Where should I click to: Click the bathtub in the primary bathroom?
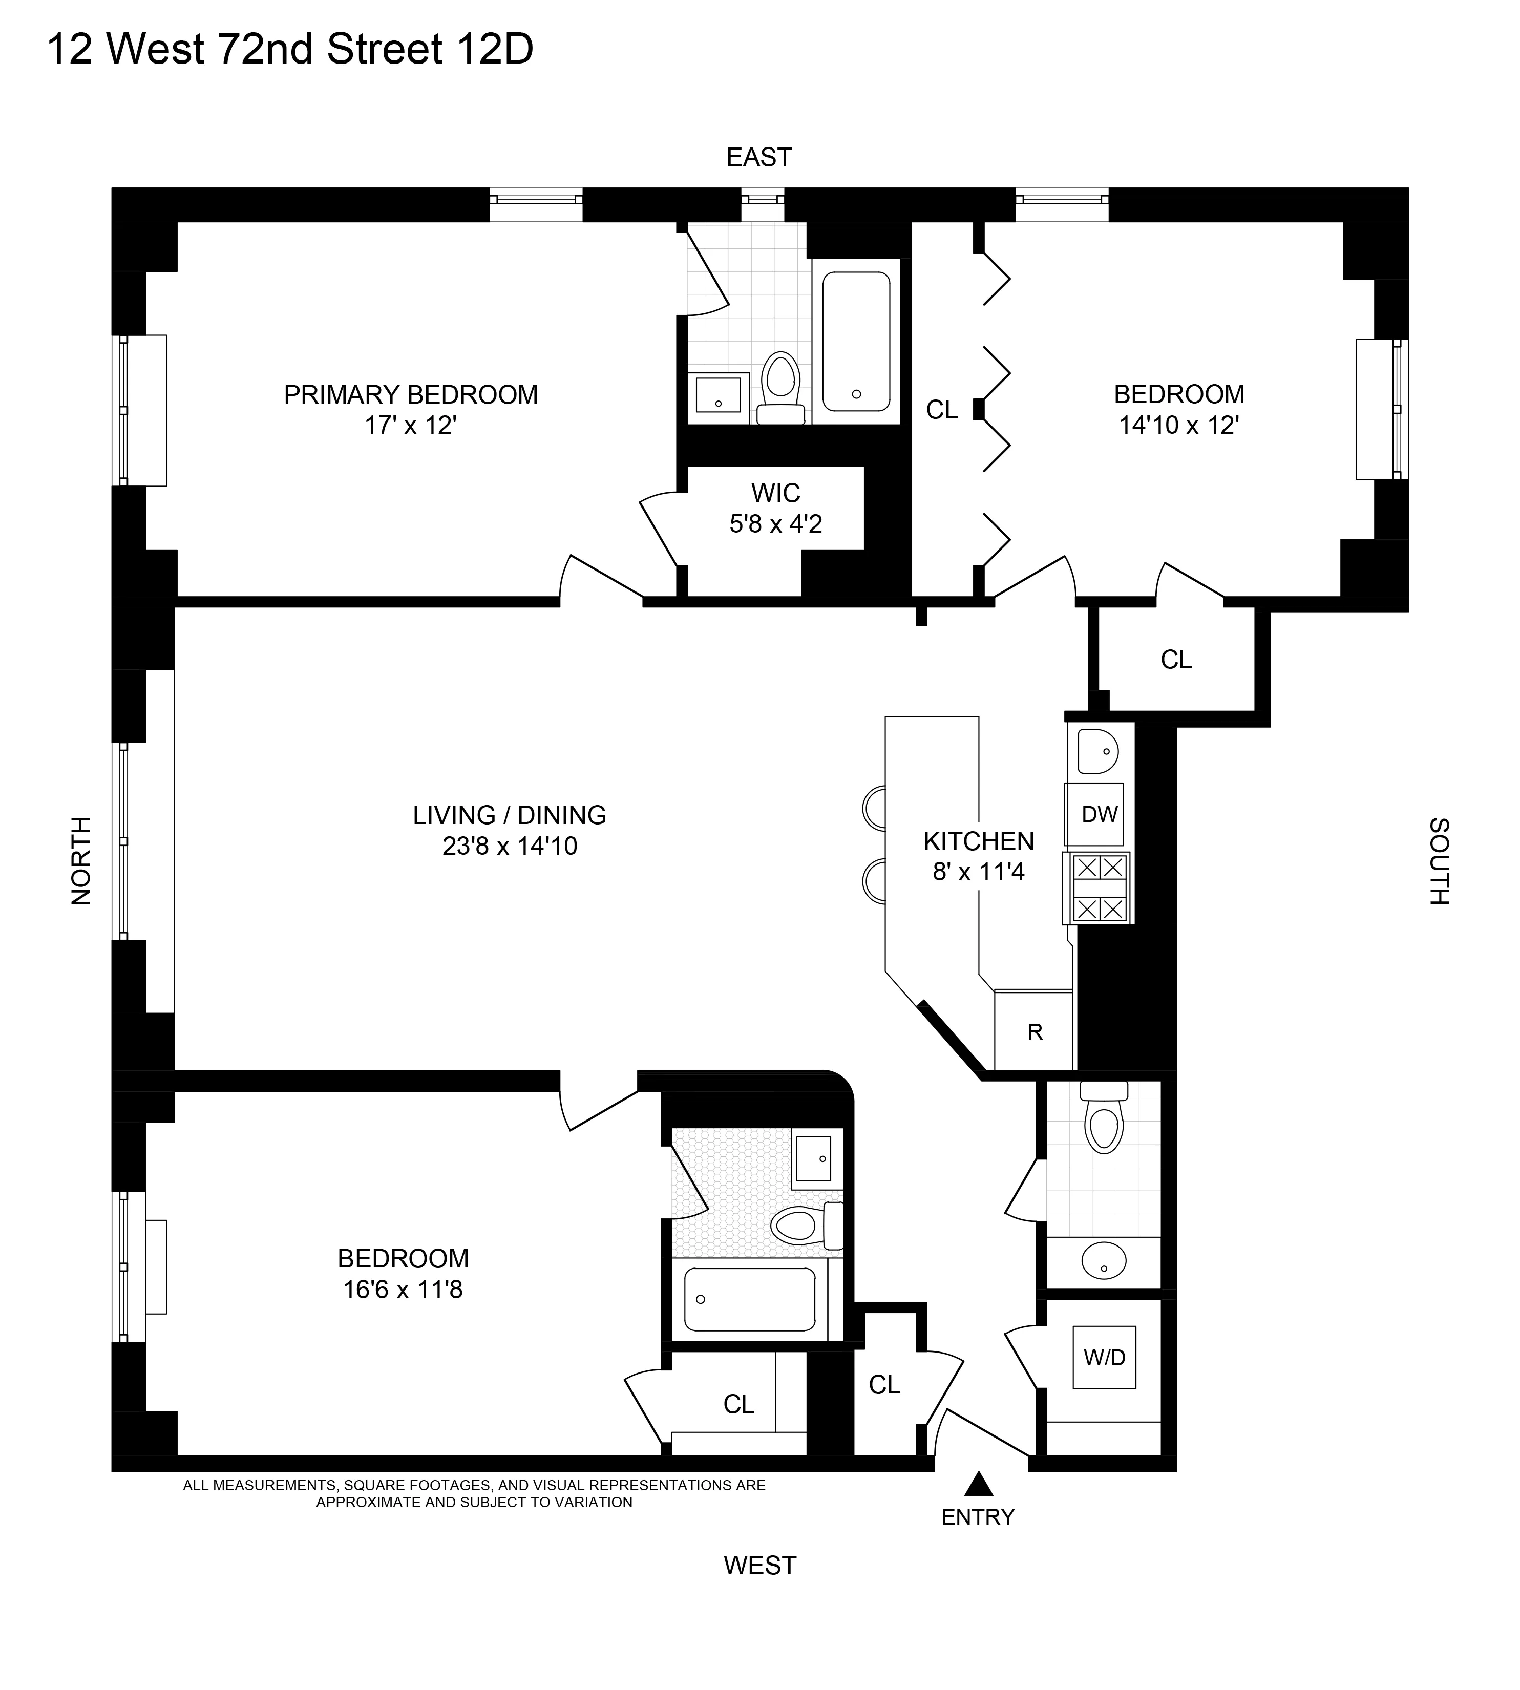coord(856,341)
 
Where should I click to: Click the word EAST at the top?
coord(758,157)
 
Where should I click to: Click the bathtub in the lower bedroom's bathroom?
coord(749,1299)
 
